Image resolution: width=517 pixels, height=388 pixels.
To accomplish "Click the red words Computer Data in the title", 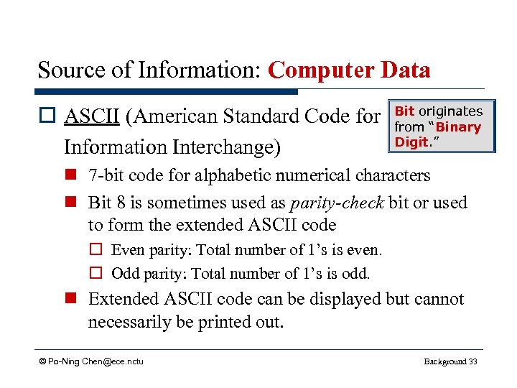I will (349, 70).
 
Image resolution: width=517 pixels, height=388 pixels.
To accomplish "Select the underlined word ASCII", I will (92, 116).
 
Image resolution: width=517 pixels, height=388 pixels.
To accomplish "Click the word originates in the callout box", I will (450, 111).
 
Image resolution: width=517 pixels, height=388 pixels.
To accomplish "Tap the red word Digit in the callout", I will (411, 142).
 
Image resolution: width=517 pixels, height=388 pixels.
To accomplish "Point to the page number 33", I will (472, 361).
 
